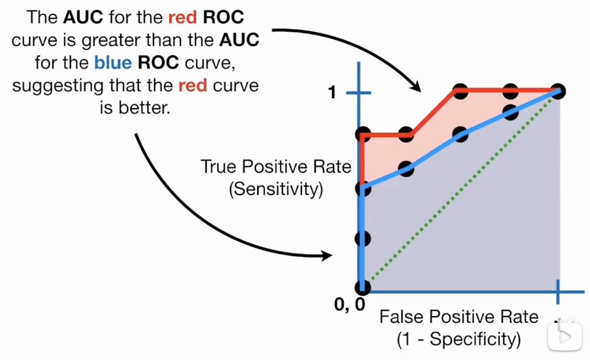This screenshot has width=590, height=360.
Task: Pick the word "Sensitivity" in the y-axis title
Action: [x=276, y=189]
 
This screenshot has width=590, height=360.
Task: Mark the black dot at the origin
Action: [x=362, y=288]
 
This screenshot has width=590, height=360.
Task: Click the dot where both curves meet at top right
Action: [x=559, y=91]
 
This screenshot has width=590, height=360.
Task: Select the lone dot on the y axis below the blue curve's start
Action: [x=362, y=239]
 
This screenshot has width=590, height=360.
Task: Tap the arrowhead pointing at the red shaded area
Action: [x=416, y=88]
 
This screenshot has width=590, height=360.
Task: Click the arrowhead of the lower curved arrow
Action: [x=327, y=255]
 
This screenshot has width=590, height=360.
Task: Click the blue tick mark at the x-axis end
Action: [x=559, y=293]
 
